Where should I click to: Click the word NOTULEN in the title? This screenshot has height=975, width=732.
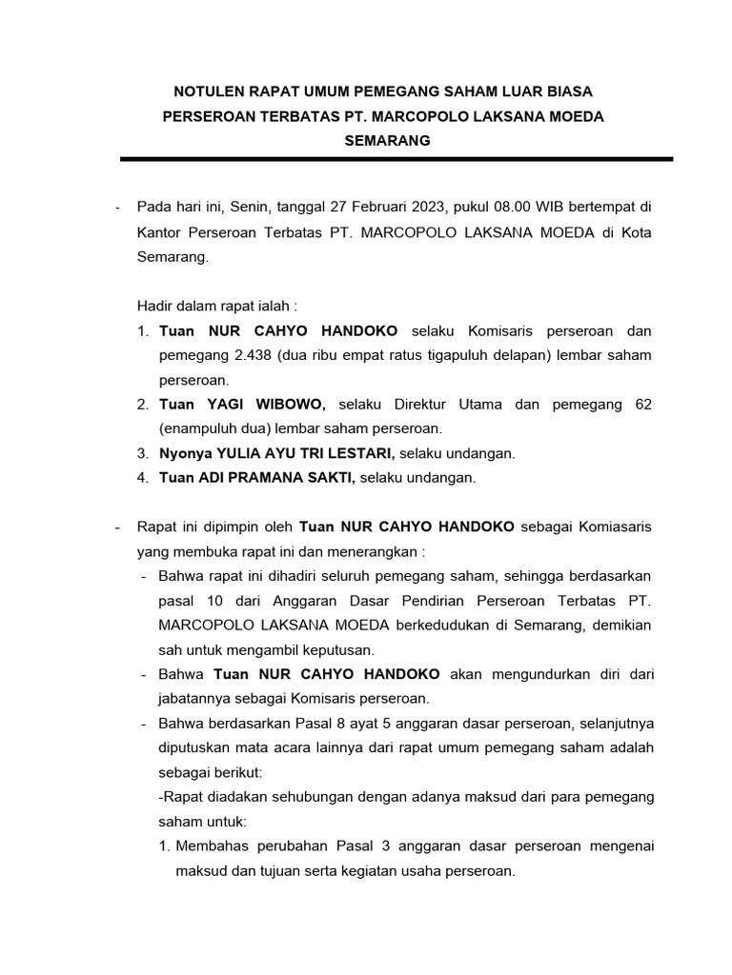pos(206,92)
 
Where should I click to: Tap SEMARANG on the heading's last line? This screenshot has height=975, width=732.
pos(388,141)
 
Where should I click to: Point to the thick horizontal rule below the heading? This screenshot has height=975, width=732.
pos(396,160)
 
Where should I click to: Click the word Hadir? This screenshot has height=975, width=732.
pos(154,307)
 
